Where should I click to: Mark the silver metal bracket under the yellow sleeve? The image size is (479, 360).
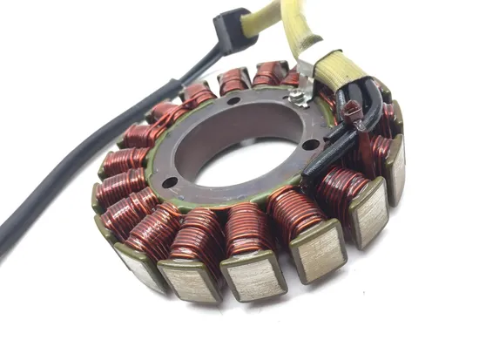(x=307, y=68)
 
